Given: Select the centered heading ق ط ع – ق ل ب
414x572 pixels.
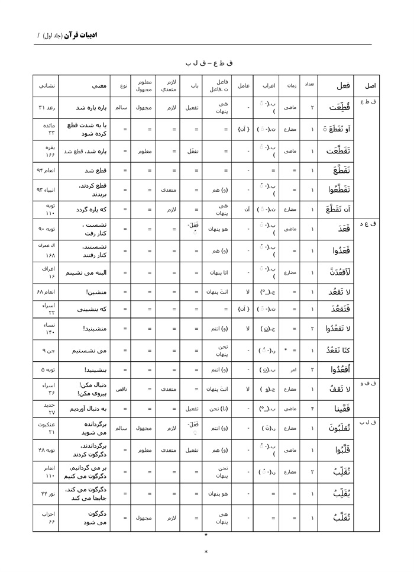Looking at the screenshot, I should tap(206, 62).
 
